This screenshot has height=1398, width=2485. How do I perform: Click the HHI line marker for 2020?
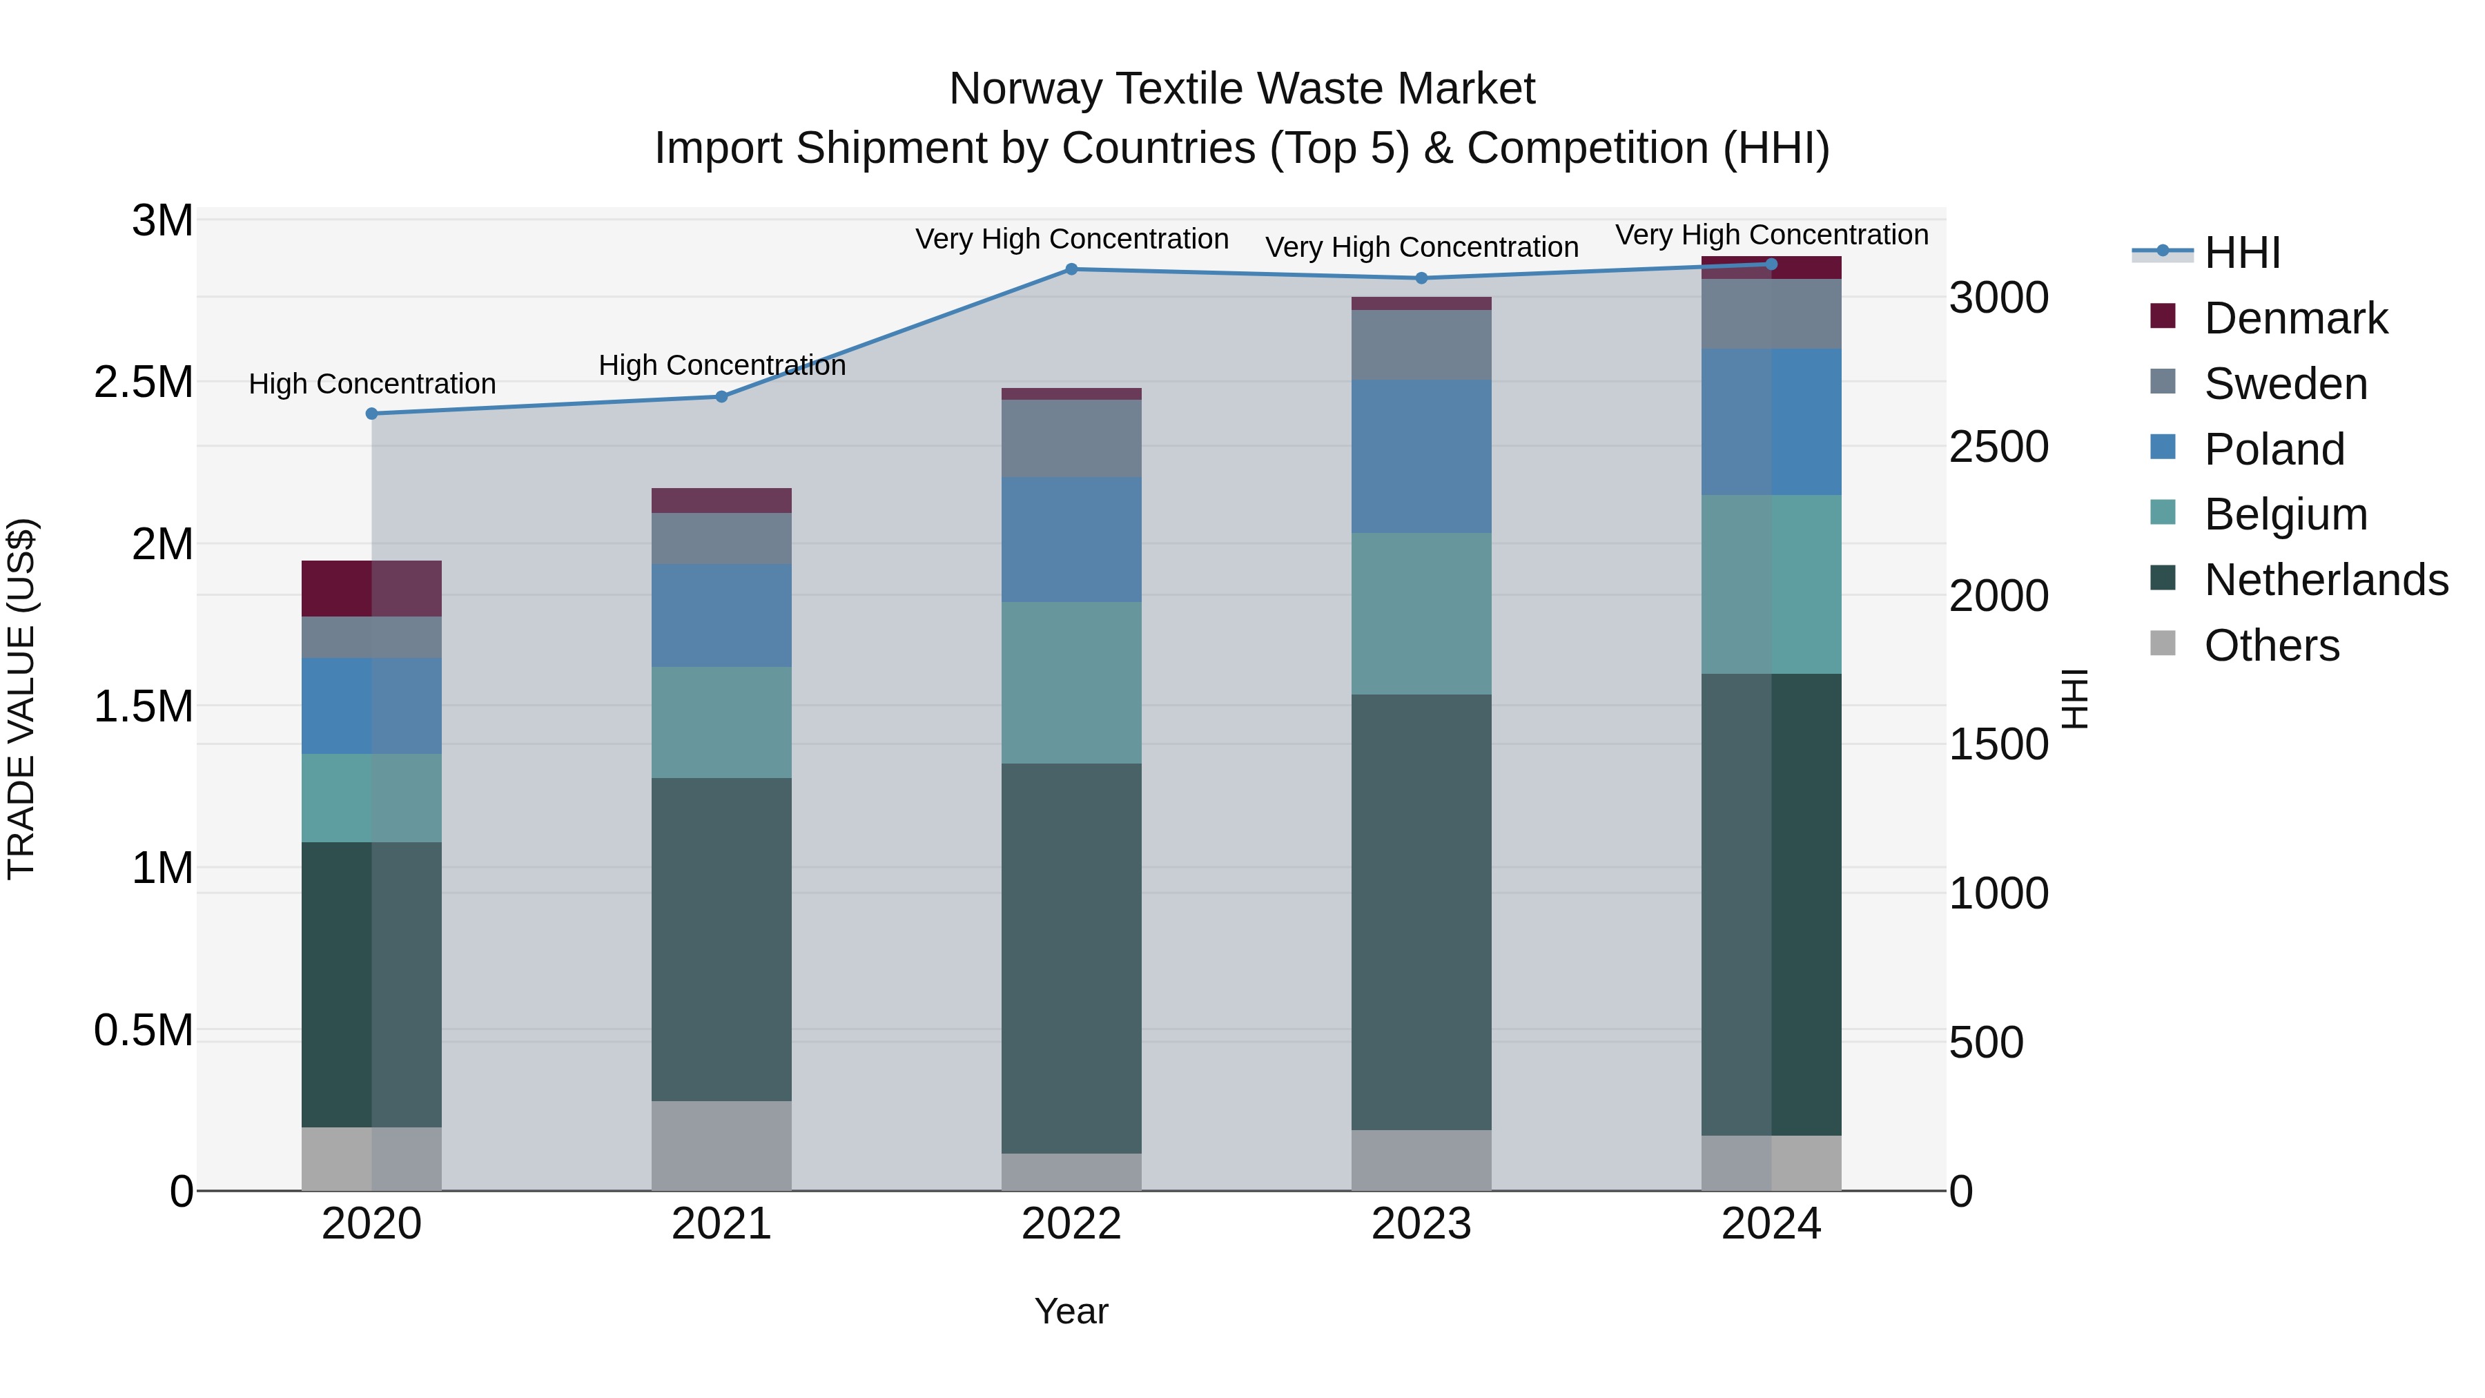tap(371, 414)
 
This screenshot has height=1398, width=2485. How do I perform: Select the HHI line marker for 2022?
tap(1071, 269)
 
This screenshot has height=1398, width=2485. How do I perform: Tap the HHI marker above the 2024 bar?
tap(1771, 264)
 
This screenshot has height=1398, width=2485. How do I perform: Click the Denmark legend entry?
tap(2295, 318)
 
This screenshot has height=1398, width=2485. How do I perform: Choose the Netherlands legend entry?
tap(2325, 580)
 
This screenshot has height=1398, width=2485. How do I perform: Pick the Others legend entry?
tap(2271, 645)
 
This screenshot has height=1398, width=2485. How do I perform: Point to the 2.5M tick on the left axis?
tap(144, 382)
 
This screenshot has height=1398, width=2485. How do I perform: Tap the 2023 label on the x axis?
tap(1421, 1224)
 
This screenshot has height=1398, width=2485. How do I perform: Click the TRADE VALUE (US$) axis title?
tap(21, 699)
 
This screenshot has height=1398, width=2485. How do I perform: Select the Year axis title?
tap(1071, 1311)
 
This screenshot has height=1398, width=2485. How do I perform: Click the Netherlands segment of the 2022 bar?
tap(1071, 958)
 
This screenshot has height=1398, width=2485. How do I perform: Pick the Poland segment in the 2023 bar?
tap(1421, 456)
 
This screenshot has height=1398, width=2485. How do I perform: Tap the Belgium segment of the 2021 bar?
tap(721, 723)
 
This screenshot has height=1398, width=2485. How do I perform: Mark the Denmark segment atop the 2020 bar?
tap(371, 588)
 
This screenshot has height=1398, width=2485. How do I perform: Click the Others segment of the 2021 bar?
tap(721, 1146)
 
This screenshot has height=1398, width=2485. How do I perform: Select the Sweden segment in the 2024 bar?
tap(1771, 313)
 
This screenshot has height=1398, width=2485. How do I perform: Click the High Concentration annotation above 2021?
tap(721, 366)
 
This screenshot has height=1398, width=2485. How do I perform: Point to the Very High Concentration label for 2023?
tap(1421, 247)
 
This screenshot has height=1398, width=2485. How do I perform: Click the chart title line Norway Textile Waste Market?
tap(1242, 89)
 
